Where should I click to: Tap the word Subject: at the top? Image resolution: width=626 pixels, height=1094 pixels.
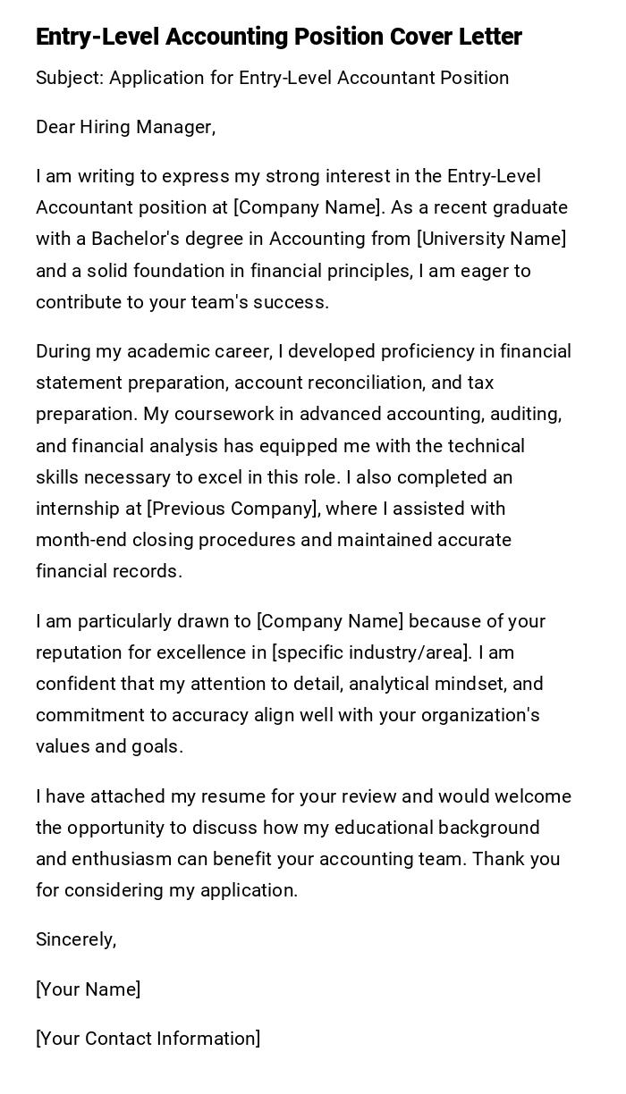[70, 78]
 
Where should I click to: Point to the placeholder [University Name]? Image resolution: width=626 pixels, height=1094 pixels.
[491, 239]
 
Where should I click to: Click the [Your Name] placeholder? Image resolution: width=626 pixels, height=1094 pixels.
[88, 989]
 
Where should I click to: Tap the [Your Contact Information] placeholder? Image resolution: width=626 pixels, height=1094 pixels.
[148, 1039]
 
